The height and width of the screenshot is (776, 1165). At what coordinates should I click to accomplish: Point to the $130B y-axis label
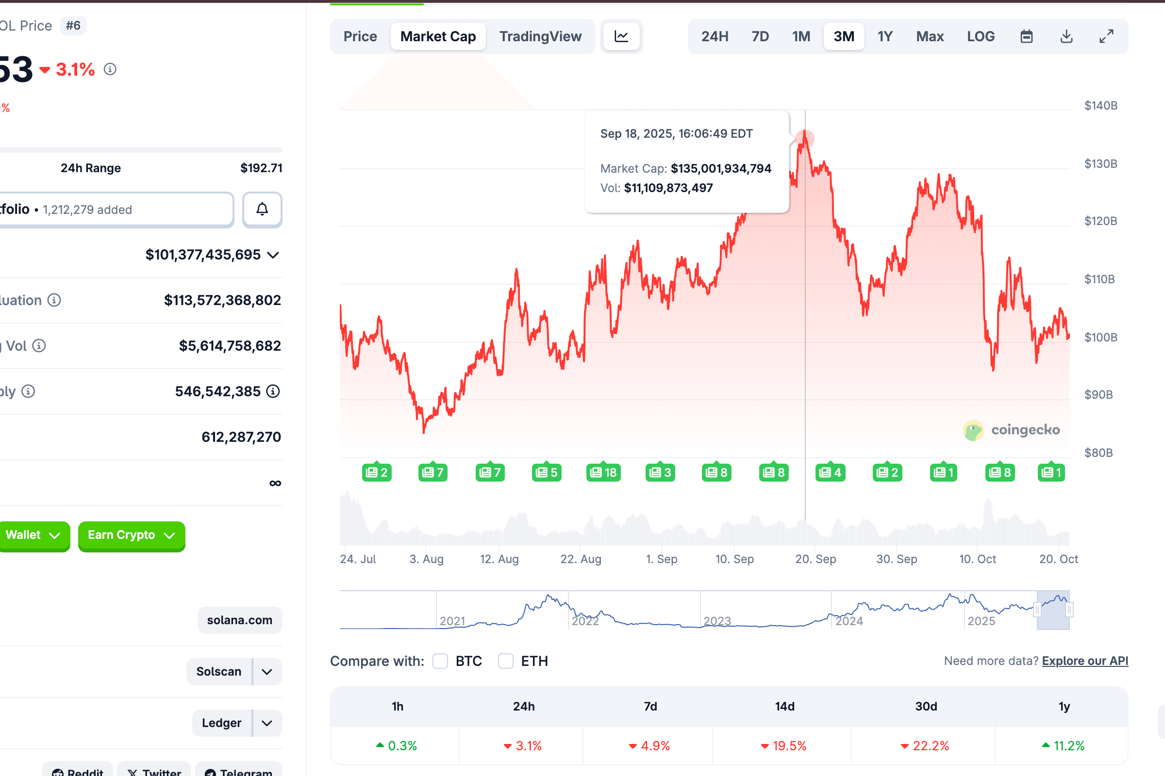tap(1100, 164)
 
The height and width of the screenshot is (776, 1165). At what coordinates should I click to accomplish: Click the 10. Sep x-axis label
tap(734, 559)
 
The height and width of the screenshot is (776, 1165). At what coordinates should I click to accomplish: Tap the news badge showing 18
tap(603, 472)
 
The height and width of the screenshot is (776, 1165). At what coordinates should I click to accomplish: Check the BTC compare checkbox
tap(440, 661)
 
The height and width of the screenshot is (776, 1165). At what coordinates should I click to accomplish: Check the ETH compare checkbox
tap(505, 661)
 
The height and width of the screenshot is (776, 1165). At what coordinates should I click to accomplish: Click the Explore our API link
tap(1085, 661)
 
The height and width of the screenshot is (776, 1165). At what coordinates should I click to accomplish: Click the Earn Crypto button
tap(131, 535)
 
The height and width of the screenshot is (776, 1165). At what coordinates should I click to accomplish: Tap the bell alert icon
tap(262, 210)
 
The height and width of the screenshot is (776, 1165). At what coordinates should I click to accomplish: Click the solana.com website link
tap(240, 620)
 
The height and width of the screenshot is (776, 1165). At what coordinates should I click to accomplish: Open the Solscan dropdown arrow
tap(267, 672)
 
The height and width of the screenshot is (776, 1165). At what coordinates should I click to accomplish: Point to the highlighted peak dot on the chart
tap(805, 138)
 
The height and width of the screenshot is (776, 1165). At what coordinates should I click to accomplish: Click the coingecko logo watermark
tap(1011, 430)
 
